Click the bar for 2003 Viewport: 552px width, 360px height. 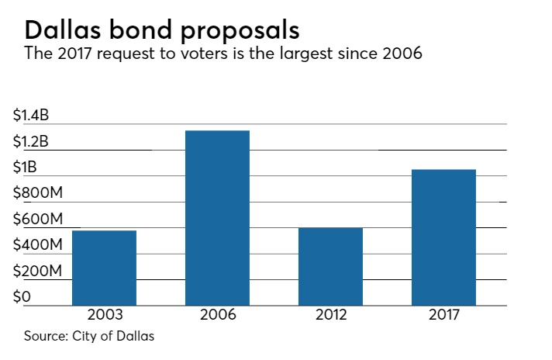(x=104, y=267)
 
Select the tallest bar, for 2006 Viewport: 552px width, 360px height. (x=217, y=217)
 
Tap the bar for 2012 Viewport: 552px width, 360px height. (x=330, y=265)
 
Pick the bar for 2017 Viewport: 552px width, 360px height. (x=443, y=237)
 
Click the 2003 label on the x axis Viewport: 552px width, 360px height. (x=104, y=317)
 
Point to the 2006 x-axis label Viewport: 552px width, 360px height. (x=217, y=317)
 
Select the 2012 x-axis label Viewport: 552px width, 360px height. (x=330, y=317)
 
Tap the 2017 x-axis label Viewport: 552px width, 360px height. (x=443, y=317)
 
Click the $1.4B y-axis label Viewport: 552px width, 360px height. (x=32, y=116)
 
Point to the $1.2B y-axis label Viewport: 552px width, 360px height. (x=32, y=142)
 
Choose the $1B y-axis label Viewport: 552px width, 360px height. (x=26, y=168)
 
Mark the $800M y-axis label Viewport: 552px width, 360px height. (x=38, y=193)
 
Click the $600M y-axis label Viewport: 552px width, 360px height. (x=38, y=220)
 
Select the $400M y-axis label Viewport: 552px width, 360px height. (x=38, y=245)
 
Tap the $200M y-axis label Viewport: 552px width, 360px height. (x=38, y=271)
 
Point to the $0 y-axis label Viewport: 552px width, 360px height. (x=22, y=296)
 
